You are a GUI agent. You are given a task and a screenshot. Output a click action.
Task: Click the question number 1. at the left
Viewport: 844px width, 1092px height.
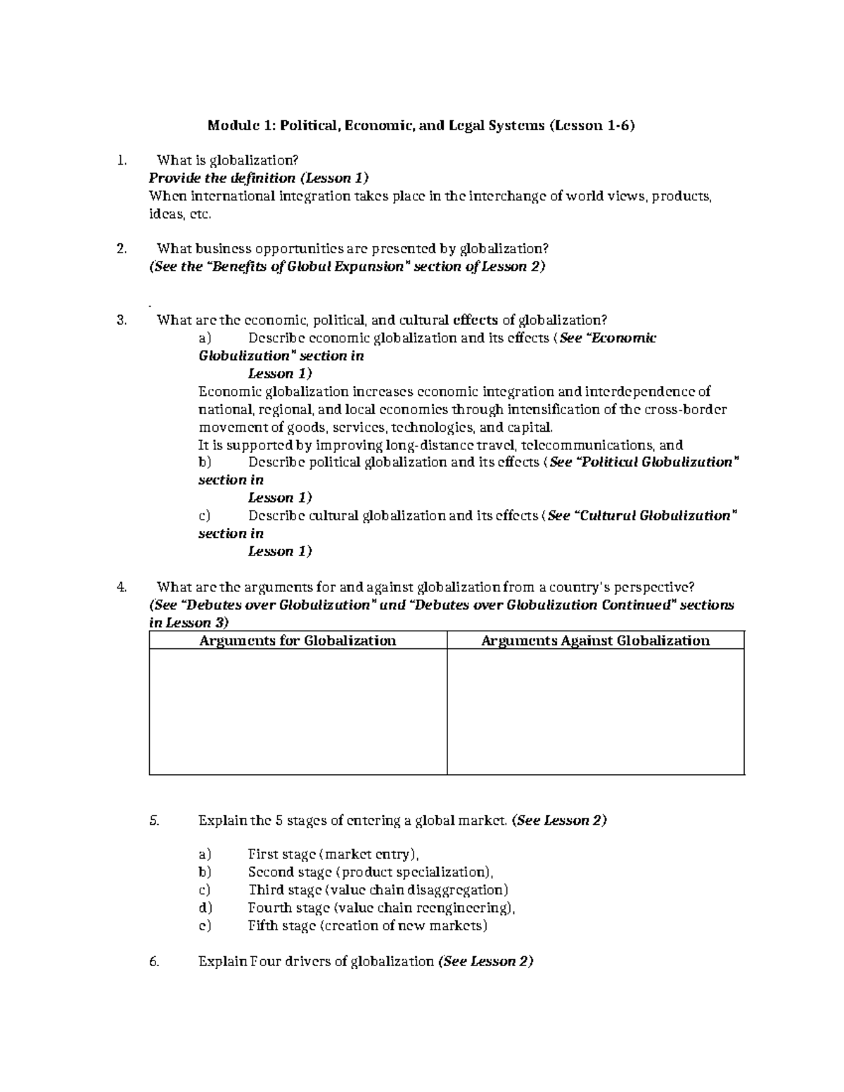click(122, 160)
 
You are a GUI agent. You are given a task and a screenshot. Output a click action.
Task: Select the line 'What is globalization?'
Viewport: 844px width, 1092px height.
click(222, 160)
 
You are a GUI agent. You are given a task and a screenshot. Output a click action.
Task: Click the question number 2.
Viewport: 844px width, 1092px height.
click(122, 248)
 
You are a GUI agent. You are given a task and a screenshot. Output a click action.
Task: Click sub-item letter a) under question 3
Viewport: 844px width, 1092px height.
click(205, 338)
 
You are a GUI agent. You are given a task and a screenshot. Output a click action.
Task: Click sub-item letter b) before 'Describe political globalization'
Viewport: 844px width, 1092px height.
click(205, 462)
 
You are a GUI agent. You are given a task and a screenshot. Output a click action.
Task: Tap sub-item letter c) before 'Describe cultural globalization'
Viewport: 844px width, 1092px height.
click(205, 515)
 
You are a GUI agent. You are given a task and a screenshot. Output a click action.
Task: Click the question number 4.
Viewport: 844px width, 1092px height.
click(122, 587)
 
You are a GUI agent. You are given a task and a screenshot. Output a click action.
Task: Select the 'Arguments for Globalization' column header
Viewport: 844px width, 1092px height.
click(298, 641)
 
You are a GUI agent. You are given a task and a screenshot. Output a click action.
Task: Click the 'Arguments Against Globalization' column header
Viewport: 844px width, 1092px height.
click(595, 641)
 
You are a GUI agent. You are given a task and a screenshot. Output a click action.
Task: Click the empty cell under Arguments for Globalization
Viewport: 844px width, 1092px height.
click(298, 712)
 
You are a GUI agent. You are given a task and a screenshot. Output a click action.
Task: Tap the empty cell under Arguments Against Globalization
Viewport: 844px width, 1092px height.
click(595, 712)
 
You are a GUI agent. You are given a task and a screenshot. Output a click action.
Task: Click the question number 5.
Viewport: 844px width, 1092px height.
click(155, 821)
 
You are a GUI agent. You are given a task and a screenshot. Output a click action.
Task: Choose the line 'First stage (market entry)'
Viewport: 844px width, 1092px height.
click(333, 854)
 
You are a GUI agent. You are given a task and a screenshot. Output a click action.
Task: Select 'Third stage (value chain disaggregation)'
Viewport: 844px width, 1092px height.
click(378, 890)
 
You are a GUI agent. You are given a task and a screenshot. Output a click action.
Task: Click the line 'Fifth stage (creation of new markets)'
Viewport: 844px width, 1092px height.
click(367, 925)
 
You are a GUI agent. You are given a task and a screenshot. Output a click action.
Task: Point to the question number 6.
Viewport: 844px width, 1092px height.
click(155, 961)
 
